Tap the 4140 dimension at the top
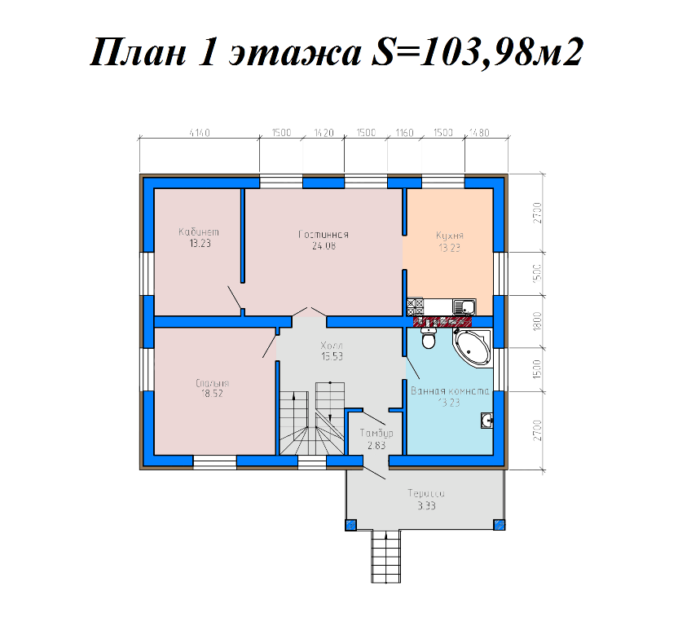tap(199, 132)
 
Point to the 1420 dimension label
tap(324, 132)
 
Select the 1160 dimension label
tap(404, 132)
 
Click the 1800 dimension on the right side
tap(537, 322)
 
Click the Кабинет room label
tap(199, 232)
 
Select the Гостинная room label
tap(324, 235)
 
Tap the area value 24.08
tap(324, 245)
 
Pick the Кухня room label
tap(449, 236)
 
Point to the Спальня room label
tap(212, 381)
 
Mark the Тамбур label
tap(376, 433)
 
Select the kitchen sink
tap(464, 307)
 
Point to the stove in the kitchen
tap(415, 306)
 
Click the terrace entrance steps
tap(387, 556)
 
